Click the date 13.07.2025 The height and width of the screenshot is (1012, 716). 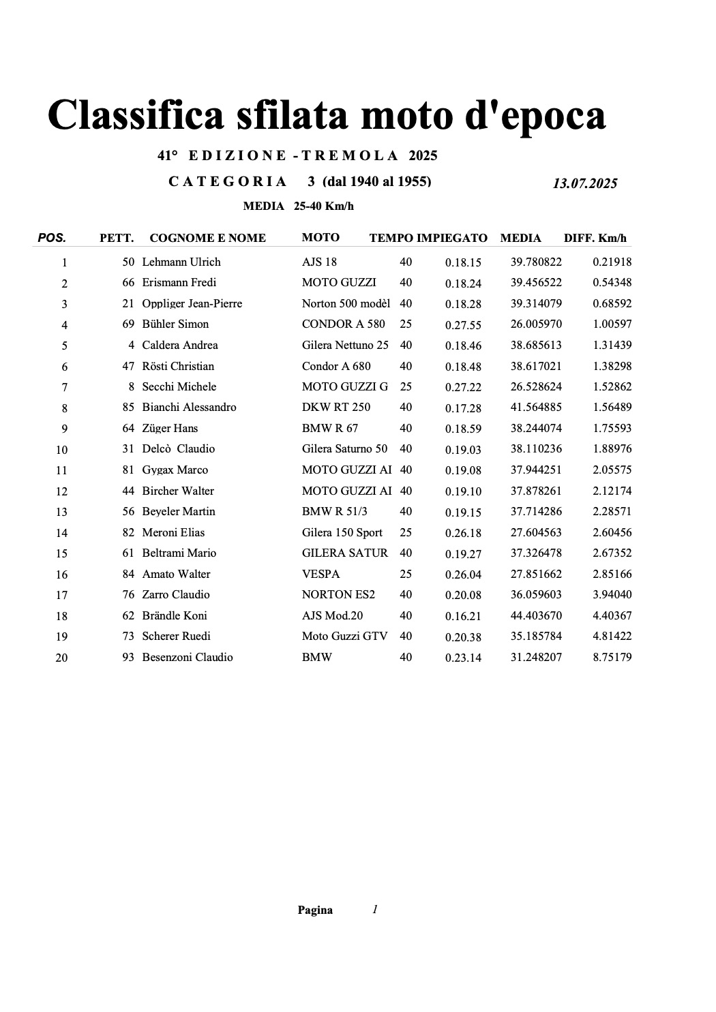(584, 183)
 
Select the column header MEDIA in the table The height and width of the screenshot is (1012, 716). (520, 238)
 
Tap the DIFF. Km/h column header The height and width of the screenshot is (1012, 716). (595, 238)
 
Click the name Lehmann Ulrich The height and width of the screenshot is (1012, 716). (181, 262)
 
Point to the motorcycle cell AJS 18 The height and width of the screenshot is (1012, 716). (319, 262)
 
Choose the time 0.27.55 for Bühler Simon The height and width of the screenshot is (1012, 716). (463, 325)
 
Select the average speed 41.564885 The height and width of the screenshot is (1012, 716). (536, 408)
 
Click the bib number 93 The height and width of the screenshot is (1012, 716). (128, 657)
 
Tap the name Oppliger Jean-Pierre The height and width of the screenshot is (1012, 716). (192, 303)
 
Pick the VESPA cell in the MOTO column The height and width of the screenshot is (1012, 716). (320, 574)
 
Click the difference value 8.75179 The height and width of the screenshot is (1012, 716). (612, 657)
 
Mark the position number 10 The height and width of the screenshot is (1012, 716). (61, 450)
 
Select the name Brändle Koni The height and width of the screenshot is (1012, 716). (174, 615)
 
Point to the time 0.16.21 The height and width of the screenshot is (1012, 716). (463, 616)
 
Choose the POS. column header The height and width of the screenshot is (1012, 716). (52, 238)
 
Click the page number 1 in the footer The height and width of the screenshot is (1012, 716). (375, 909)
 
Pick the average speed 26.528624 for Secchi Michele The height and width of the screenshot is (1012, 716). (536, 386)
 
